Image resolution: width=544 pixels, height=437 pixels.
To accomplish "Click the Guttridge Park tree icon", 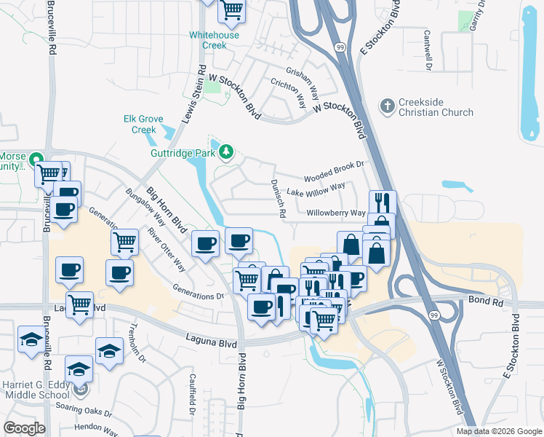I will tap(226, 151).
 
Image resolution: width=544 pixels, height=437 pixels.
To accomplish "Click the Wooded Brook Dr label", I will tap(334, 171).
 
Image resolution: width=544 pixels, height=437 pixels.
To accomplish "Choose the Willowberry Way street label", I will tap(335, 213).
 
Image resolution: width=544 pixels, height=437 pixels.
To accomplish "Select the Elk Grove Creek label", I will tap(139, 125).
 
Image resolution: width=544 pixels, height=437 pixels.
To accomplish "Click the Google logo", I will tap(24, 428).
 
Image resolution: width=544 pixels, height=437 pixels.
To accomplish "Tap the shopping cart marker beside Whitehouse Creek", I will tap(232, 10).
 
